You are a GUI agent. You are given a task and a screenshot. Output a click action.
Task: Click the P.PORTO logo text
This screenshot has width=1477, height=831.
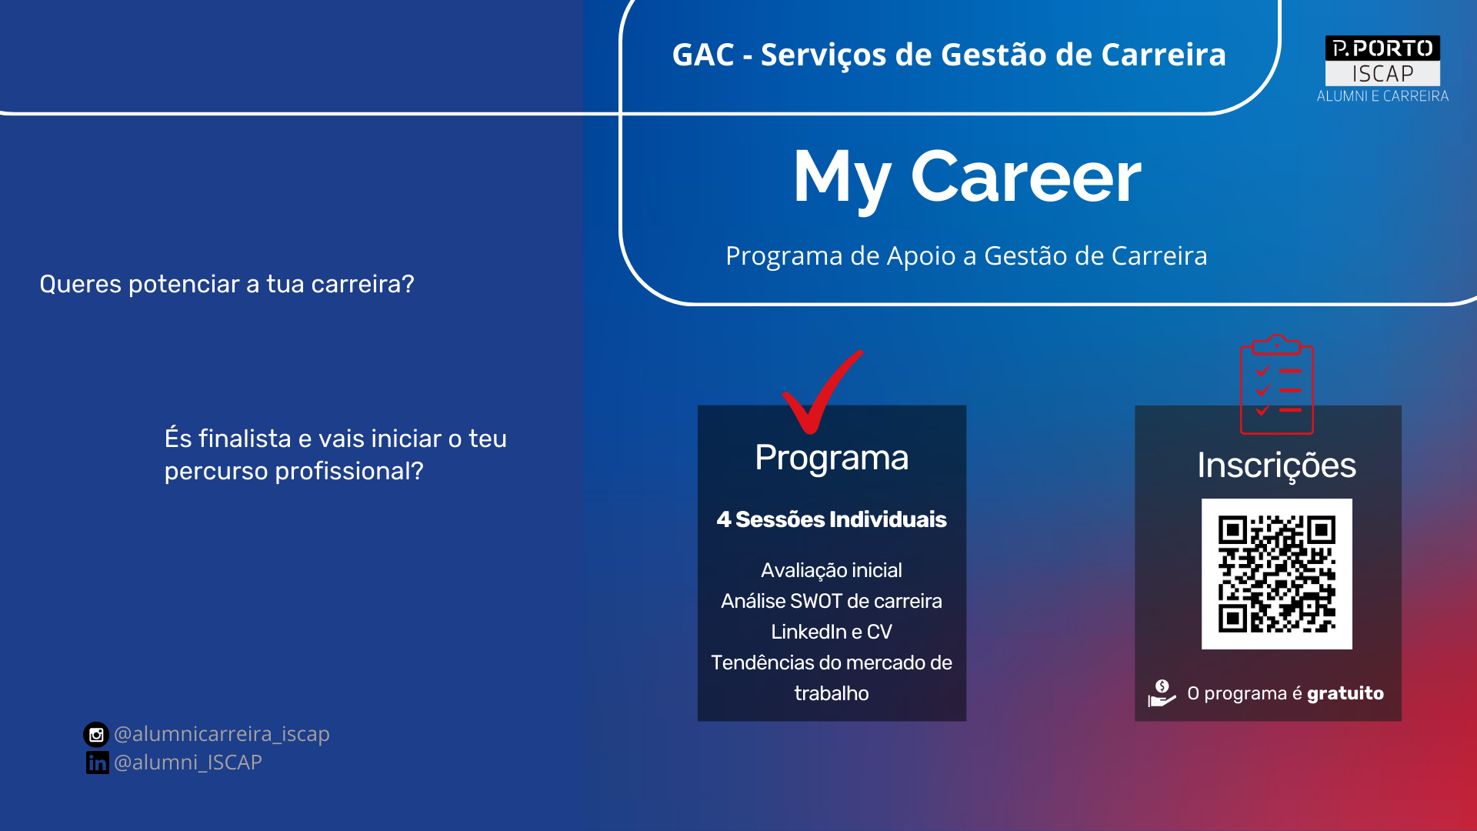tap(1382, 48)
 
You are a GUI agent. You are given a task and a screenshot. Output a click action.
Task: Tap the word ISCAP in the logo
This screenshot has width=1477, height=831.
tap(1382, 74)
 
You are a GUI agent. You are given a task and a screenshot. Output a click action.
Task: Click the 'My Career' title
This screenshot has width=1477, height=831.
tap(967, 179)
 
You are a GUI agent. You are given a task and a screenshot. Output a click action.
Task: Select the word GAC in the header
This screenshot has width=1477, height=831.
tap(703, 55)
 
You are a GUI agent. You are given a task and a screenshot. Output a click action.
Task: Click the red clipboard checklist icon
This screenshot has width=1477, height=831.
tap(1276, 384)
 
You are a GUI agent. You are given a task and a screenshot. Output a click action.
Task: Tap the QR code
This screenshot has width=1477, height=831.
tap(1277, 574)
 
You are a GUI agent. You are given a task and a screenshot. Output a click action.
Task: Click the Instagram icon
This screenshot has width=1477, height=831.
tap(96, 735)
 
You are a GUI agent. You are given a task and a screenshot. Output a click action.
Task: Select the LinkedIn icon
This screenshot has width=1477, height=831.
tap(97, 763)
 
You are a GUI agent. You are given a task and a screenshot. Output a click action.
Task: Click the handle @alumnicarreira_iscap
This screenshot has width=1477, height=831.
tap(222, 734)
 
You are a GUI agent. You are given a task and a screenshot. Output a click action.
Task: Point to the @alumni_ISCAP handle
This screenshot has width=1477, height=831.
tap(188, 762)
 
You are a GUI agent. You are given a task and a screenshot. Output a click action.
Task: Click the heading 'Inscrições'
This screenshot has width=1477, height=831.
tap(1276, 466)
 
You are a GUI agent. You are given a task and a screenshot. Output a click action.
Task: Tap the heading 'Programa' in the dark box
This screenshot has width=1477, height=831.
tap(832, 458)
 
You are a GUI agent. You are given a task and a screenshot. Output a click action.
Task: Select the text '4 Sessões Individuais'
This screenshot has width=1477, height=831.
tap(832, 519)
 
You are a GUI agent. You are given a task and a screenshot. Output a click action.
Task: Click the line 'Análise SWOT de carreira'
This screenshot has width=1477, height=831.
tap(832, 601)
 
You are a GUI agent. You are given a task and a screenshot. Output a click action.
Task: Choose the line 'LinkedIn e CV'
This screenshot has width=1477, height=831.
tap(832, 632)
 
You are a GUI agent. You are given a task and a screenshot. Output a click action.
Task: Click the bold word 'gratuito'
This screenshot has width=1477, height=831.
tap(1345, 693)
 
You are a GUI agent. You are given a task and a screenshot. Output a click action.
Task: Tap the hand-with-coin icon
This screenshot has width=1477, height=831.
tap(1162, 692)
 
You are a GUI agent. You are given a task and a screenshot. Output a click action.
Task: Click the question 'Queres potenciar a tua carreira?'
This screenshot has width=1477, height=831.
tap(227, 284)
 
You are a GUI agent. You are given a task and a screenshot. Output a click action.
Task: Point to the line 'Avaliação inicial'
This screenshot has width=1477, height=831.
tap(832, 570)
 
